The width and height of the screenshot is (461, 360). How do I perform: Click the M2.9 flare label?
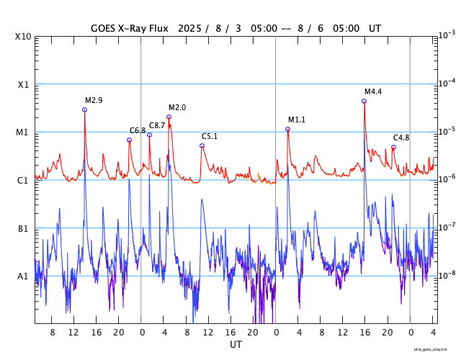94,100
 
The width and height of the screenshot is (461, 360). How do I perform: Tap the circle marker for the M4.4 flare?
364,101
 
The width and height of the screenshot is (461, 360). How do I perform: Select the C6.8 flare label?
138,130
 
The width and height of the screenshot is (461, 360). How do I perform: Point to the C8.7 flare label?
157,125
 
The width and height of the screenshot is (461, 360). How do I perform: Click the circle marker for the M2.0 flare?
169,117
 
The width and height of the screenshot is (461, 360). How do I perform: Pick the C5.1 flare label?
210,136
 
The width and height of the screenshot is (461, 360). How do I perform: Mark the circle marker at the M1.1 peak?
287,129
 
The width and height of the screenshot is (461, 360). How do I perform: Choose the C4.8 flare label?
401,138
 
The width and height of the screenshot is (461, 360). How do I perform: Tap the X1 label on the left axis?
23,84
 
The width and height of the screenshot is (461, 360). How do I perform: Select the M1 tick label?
23,132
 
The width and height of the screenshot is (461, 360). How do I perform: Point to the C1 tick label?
23,180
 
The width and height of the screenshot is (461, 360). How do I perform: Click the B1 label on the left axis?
23,228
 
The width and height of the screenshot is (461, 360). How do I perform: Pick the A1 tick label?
23,276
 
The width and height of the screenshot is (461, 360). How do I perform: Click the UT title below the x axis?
236,345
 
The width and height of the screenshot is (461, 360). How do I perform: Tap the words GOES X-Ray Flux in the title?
130,29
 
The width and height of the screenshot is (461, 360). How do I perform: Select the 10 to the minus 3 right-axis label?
447,35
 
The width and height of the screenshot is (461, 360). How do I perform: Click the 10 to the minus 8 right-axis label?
447,274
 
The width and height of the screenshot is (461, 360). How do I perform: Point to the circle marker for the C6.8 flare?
129,140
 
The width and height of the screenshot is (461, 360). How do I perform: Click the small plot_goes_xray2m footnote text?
434,348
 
